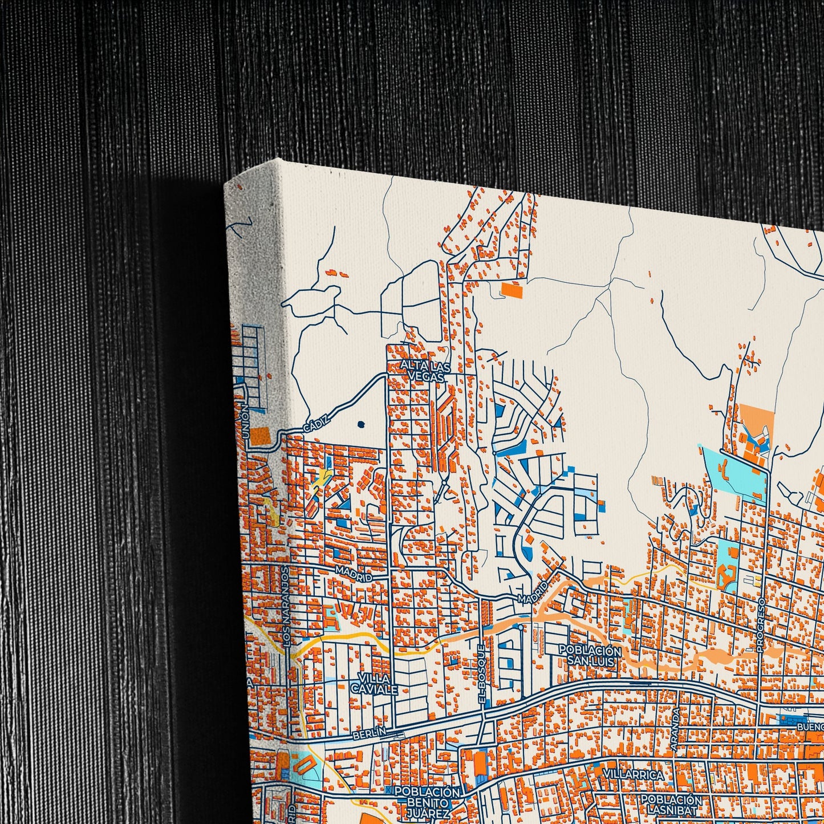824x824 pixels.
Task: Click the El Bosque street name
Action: [x=482, y=676]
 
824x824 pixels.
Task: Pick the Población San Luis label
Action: [x=590, y=656]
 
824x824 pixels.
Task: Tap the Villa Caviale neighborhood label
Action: [x=374, y=684]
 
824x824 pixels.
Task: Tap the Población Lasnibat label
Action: [x=671, y=804]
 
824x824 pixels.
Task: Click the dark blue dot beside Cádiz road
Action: [x=362, y=424]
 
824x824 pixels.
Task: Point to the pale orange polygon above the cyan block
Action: [x=756, y=420]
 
